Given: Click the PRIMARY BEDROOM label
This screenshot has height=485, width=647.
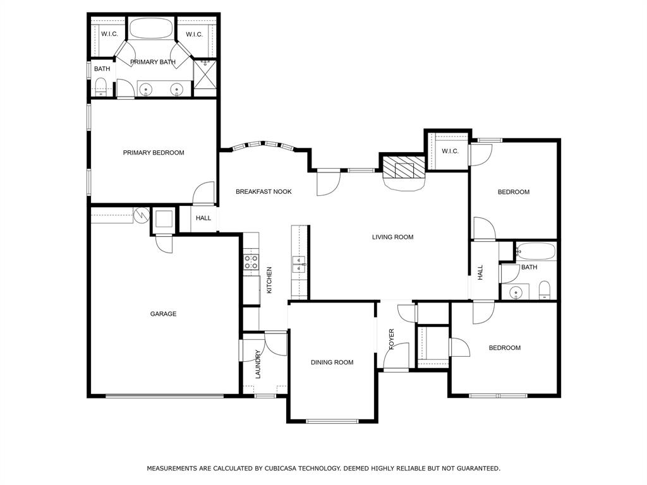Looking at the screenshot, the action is pyautogui.click(x=154, y=153).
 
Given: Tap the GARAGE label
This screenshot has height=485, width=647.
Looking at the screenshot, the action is pyautogui.click(x=164, y=314).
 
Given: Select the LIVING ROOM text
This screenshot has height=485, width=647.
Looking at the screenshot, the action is pyautogui.click(x=393, y=237).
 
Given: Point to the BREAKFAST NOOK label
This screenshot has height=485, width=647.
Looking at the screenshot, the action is pyautogui.click(x=263, y=191).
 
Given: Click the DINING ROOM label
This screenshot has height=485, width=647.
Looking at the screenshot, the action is pyautogui.click(x=332, y=362).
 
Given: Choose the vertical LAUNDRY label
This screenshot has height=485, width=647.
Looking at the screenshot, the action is pyautogui.click(x=258, y=364).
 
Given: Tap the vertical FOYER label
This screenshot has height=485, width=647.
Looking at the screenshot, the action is pyautogui.click(x=392, y=339).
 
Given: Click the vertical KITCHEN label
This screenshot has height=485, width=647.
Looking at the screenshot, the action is pyautogui.click(x=269, y=280).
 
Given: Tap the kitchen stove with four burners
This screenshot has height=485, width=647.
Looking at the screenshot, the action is pyautogui.click(x=251, y=262).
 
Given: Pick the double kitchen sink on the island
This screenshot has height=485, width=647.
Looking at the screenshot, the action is pyautogui.click(x=299, y=265).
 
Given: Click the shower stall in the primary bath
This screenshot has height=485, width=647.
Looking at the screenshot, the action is pyautogui.click(x=205, y=75).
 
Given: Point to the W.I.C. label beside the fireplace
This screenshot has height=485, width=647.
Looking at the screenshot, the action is pyautogui.click(x=450, y=152).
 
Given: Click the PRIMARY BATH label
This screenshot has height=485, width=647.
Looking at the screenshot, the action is pyautogui.click(x=153, y=62).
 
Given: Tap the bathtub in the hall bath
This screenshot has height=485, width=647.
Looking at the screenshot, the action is pyautogui.click(x=536, y=251).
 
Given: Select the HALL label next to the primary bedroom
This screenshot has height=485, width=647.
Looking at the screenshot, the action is pyautogui.click(x=203, y=218).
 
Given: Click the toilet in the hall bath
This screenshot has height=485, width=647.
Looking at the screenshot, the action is pyautogui.click(x=545, y=290).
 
